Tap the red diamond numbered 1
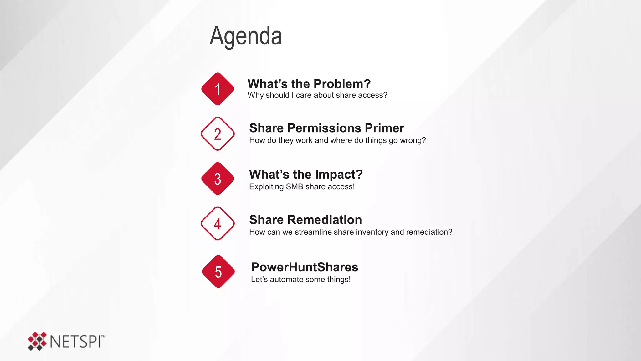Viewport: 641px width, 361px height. coord(218,89)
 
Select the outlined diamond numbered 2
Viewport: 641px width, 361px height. coord(218,134)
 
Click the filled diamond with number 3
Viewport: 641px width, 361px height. coord(218,179)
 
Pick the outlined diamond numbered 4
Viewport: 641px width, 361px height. coord(218,223)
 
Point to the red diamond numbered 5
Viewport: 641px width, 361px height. coord(218,271)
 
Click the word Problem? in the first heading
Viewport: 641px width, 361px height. coord(342,84)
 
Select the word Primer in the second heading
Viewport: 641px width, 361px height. coord(384,128)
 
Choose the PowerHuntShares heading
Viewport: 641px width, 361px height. coord(305,267)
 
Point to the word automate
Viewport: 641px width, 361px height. coord(286,280)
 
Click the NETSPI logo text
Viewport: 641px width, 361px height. coord(75,342)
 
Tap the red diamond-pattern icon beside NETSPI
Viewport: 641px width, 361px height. coord(37,341)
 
